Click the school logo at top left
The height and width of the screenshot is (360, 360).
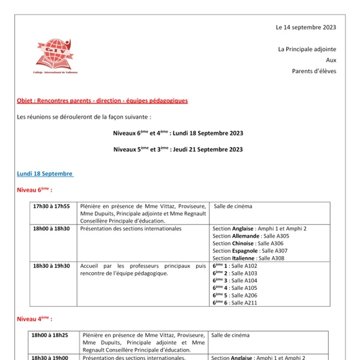(x=55, y=56)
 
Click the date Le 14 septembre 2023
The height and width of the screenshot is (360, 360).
(x=306, y=27)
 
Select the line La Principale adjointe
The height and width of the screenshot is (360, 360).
(x=307, y=49)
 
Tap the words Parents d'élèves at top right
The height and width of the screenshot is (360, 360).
(x=314, y=71)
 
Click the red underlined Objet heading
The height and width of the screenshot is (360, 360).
(x=103, y=101)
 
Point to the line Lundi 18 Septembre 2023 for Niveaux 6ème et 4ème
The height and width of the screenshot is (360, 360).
(x=178, y=133)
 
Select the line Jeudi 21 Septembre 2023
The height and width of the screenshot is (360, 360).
(x=178, y=149)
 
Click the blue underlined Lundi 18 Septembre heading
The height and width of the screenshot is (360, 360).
(x=45, y=174)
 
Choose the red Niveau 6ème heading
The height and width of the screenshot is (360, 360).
(x=34, y=190)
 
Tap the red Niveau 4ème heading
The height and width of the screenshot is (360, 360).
(x=34, y=319)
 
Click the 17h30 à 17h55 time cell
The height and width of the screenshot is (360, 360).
(x=52, y=206)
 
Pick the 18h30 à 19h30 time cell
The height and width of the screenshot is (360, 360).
(x=52, y=266)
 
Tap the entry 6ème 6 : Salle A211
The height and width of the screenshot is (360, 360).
(x=235, y=302)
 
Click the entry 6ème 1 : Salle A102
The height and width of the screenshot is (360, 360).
(x=235, y=266)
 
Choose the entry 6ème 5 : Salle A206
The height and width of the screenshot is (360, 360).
(x=235, y=295)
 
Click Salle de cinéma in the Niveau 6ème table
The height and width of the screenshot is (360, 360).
(x=233, y=206)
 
